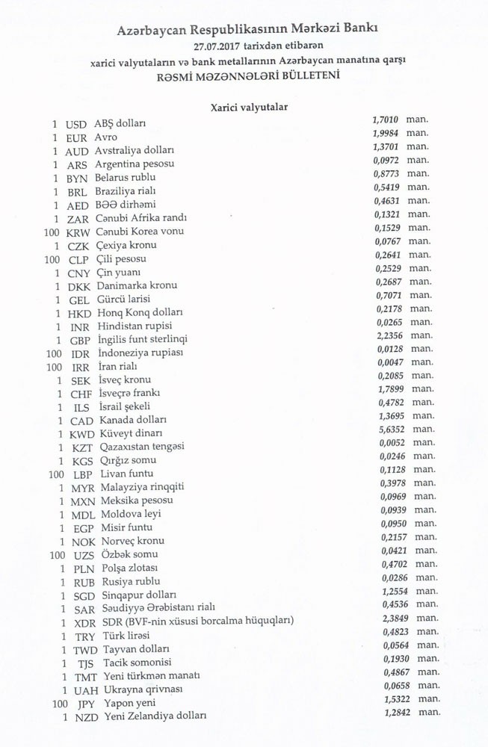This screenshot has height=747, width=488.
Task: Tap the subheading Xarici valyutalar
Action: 249,108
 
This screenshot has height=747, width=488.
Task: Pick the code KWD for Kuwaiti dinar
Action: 81,434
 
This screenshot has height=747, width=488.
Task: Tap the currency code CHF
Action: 81,394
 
